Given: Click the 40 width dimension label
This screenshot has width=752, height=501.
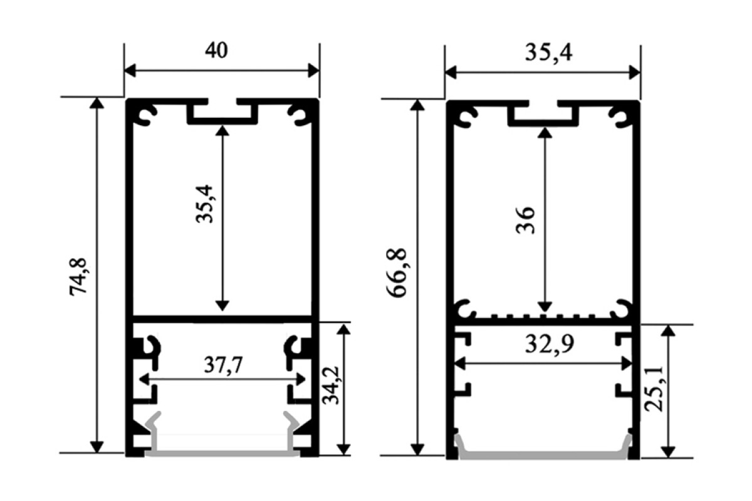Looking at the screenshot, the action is click(217, 50).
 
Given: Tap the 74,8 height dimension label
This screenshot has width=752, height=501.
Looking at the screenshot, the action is click(78, 277).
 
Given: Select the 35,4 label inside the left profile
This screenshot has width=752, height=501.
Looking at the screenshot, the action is click(204, 204).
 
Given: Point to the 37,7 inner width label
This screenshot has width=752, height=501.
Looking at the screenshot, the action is click(223, 365).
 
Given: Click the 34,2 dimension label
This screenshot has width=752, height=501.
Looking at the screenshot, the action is click(331, 386).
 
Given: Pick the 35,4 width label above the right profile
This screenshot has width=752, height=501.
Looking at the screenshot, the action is click(548, 53).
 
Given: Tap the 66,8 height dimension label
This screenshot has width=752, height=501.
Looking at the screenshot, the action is click(397, 273).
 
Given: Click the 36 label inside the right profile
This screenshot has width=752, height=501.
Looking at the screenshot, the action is click(525, 220).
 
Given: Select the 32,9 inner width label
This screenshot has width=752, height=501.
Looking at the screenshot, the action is click(550, 344).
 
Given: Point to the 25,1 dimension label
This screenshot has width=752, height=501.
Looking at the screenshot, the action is click(654, 390).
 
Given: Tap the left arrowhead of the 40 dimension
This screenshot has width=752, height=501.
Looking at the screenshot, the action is click(130, 71).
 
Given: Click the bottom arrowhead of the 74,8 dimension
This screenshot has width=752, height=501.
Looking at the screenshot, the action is click(97, 447).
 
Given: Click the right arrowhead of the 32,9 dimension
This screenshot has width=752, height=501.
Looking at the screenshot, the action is click(627, 364).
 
